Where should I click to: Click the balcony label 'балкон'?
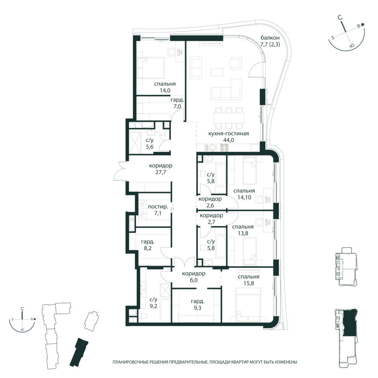click(x=270, y=38)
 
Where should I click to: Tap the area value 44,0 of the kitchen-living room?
click(x=228, y=140)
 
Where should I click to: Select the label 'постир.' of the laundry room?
click(x=158, y=207)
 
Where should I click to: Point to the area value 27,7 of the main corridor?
click(x=161, y=172)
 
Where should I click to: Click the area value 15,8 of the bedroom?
click(x=248, y=283)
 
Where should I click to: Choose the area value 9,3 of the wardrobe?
click(x=197, y=308)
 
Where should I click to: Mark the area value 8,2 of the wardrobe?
click(x=148, y=248)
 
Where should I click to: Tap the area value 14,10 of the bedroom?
click(x=244, y=197)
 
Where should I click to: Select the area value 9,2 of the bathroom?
click(x=153, y=306)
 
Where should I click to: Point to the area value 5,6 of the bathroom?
click(x=150, y=147)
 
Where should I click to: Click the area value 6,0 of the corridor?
click(x=193, y=280)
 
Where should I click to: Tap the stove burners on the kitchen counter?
click(x=224, y=148)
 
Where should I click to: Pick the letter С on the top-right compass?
click(x=340, y=18)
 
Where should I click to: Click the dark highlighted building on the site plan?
click(x=79, y=352)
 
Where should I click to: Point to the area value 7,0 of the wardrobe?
click(x=177, y=106)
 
